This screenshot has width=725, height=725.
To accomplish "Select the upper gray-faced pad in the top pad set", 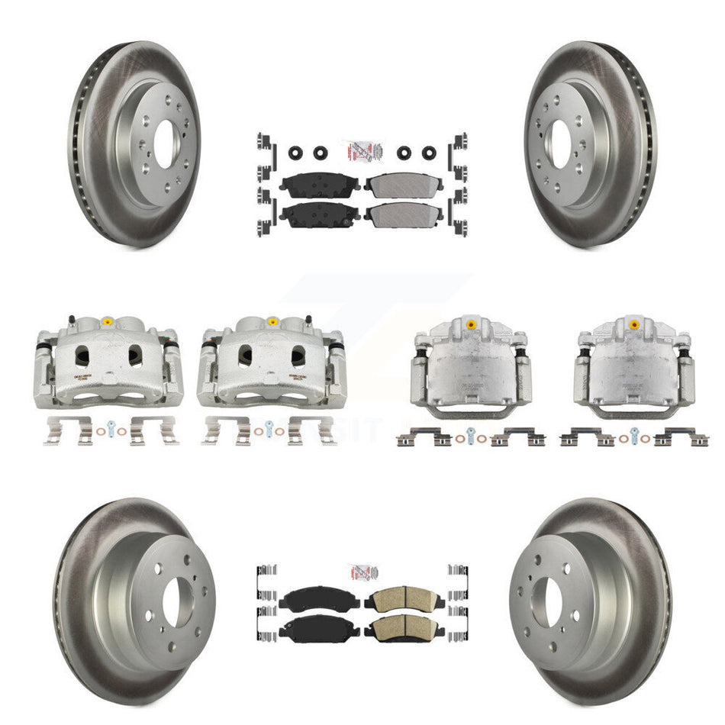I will (x=397, y=184).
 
